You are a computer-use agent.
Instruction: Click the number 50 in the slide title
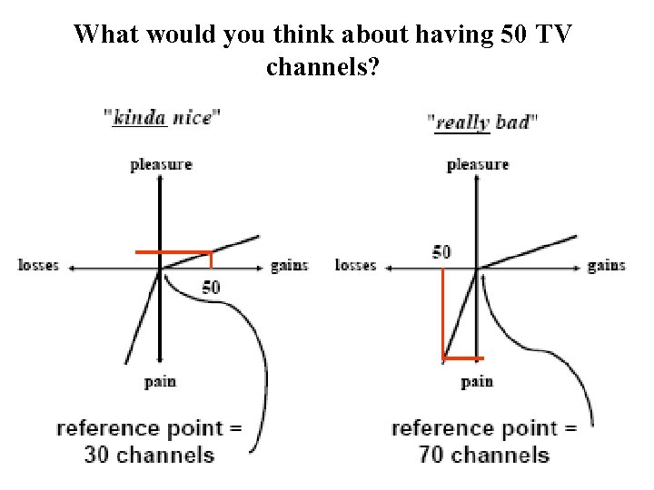tap(514, 35)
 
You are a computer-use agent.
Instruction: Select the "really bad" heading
tap(482, 122)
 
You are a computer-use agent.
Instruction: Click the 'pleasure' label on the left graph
tap(161, 164)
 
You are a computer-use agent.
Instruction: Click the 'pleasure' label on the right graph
tap(478, 164)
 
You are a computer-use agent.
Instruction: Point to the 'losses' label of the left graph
tap(38, 266)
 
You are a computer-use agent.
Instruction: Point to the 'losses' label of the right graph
tap(355, 266)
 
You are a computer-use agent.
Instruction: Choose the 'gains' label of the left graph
tap(289, 266)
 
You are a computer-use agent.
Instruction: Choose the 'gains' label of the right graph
tap(606, 266)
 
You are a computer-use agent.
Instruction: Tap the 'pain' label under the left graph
tap(160, 381)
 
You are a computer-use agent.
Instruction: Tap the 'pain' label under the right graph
tap(477, 381)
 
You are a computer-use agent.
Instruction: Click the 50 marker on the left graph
tap(211, 288)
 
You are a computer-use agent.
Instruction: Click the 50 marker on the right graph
tap(441, 251)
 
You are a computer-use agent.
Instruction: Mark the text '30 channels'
tap(149, 455)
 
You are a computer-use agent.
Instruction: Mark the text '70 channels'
tap(484, 455)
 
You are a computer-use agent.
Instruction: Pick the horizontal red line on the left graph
tap(173, 251)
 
